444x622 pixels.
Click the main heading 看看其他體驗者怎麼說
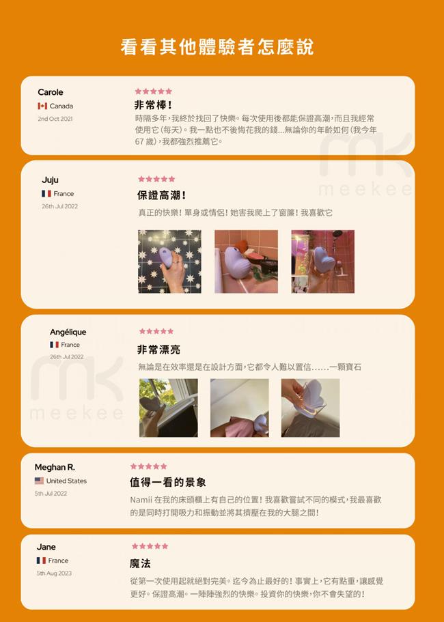217,47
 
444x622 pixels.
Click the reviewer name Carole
51,92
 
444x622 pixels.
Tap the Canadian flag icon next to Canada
42,106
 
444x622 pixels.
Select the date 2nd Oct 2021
55,119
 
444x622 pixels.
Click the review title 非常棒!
153,105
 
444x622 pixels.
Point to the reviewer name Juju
50,180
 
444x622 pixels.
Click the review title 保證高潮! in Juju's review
161,195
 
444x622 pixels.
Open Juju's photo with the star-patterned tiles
169,261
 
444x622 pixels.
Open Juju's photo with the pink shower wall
322,261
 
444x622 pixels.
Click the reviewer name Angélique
68,332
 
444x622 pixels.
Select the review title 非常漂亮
158,350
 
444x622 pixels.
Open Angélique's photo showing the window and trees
168,408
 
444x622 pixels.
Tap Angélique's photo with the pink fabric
239,408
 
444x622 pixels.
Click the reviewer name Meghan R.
55,467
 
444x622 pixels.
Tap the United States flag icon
40,481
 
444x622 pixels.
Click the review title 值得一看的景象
168,482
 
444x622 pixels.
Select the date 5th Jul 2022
51,494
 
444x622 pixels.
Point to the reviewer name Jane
46,547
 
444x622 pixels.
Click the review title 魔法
140,563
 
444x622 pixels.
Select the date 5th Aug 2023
54,574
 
